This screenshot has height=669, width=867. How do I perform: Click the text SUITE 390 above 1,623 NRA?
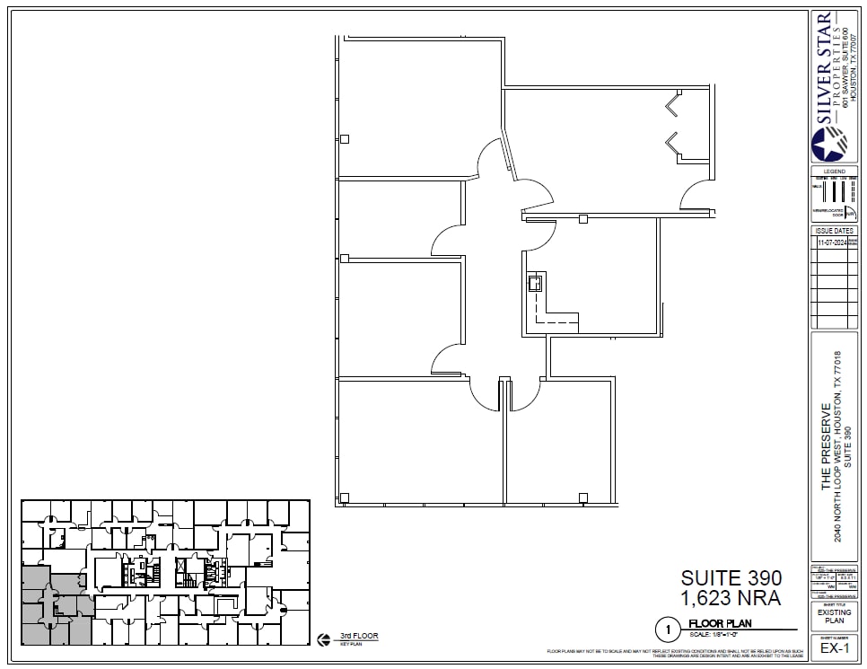(731, 577)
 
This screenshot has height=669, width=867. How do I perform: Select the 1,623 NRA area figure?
(731, 597)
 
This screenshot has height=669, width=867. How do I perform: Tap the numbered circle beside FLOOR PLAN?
(667, 628)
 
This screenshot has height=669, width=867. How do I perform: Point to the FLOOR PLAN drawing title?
(720, 623)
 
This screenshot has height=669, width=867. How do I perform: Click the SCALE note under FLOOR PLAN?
(720, 633)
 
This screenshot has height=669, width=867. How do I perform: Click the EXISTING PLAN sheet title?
(834, 616)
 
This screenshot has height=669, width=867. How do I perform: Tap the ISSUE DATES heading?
(834, 231)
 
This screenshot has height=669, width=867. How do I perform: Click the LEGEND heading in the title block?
(834, 172)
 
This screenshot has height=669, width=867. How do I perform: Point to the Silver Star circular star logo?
(828, 144)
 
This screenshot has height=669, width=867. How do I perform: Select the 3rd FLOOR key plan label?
(359, 636)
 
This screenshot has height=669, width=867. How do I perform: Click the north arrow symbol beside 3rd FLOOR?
(323, 639)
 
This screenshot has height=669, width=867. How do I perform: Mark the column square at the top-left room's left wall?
(345, 138)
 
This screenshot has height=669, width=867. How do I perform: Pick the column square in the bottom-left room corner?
(345, 497)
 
